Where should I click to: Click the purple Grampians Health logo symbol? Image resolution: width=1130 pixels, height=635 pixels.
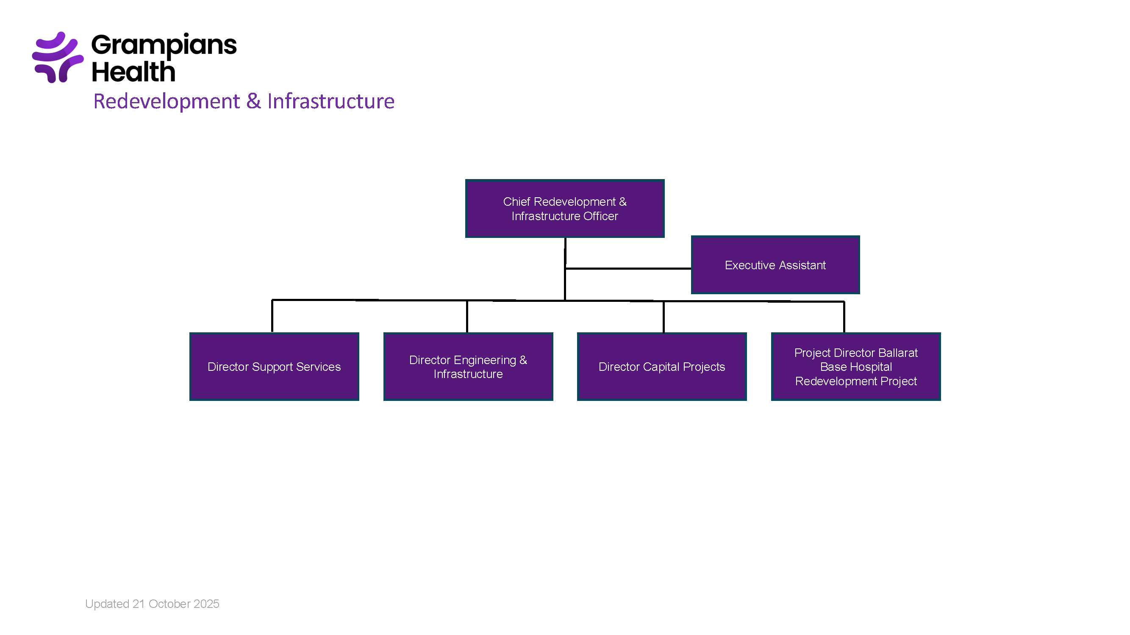point(58,57)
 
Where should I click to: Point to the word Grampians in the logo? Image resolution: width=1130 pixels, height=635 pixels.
point(164,45)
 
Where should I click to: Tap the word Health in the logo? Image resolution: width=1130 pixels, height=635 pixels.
point(133,72)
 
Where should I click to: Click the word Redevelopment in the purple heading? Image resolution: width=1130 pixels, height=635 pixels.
point(167,101)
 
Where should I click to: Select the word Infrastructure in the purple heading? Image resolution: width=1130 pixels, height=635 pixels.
point(331,101)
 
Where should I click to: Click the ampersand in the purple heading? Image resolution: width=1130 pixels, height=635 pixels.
point(253,101)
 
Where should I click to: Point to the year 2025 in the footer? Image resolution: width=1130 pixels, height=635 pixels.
point(206,604)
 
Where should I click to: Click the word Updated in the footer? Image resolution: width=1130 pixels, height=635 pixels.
point(107,604)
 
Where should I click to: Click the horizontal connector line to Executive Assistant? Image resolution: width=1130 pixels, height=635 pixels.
point(627,268)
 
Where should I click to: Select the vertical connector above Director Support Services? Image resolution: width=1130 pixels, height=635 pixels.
point(272,315)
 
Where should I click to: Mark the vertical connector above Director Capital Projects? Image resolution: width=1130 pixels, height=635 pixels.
point(663,316)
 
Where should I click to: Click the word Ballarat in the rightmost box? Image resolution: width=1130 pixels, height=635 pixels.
point(898,353)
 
